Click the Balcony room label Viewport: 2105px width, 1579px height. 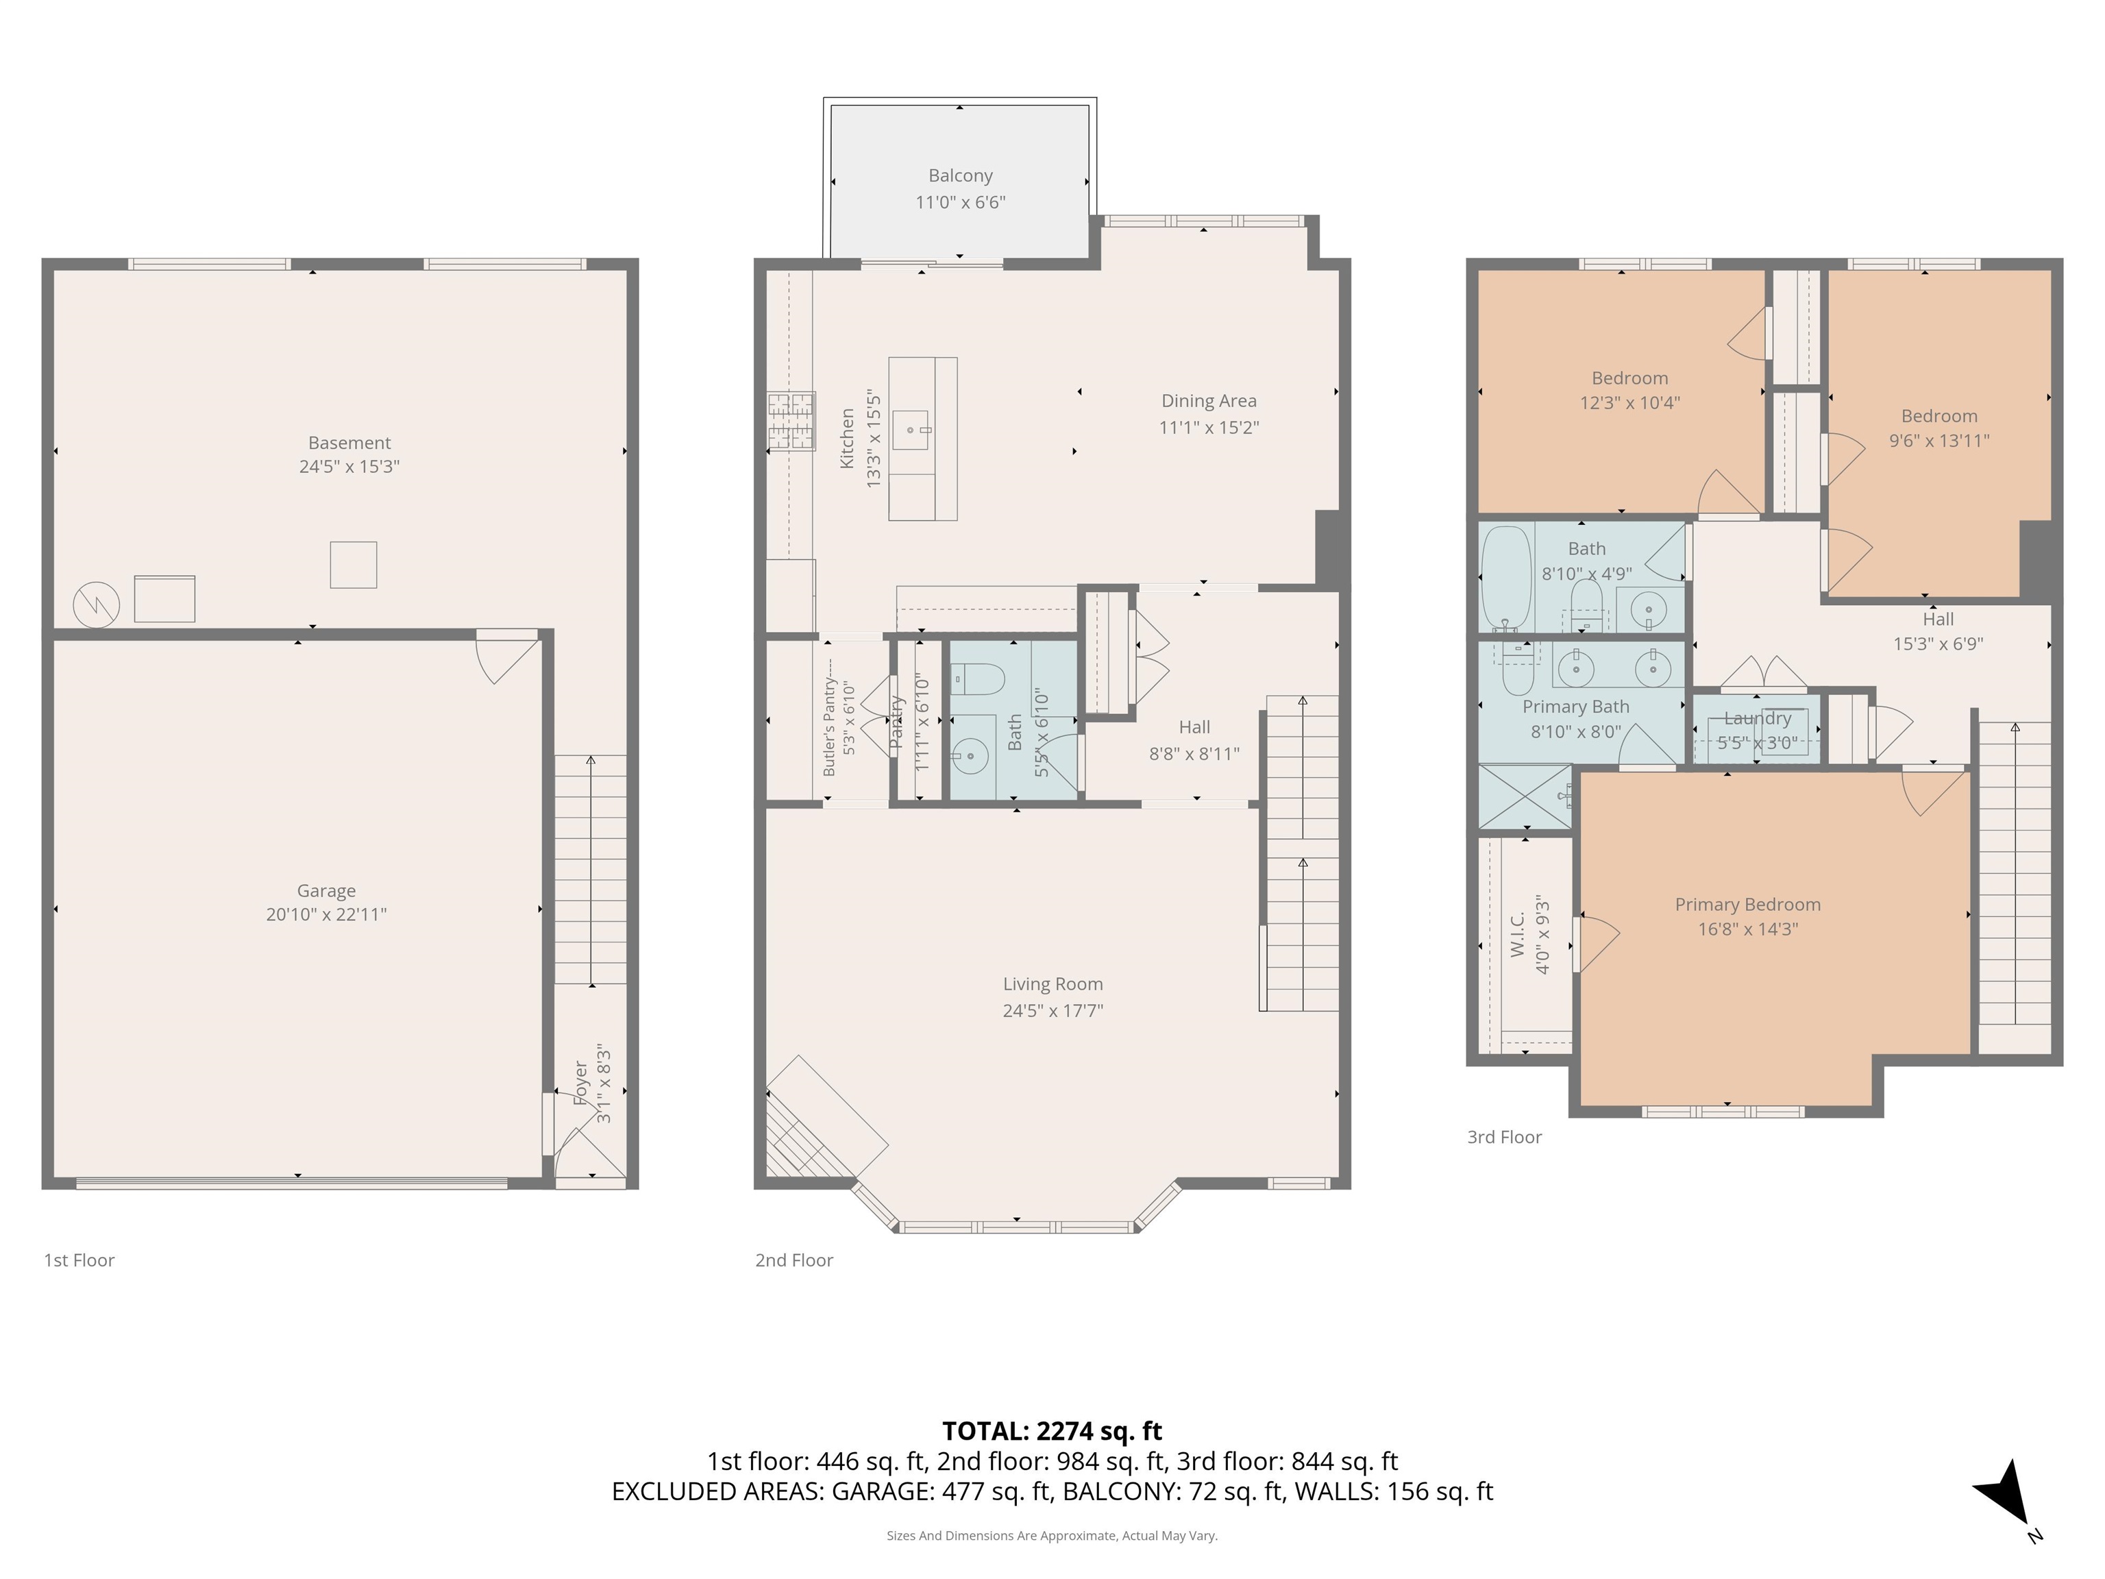[x=960, y=176]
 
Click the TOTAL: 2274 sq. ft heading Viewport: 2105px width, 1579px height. [x=1052, y=1430]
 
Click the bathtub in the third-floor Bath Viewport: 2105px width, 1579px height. [x=1506, y=578]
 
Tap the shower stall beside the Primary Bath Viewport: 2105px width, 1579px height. [x=1525, y=796]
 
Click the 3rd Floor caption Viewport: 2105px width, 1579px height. [x=1503, y=1136]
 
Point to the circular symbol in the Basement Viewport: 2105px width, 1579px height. [x=96, y=604]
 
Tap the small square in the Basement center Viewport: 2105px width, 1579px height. [x=353, y=565]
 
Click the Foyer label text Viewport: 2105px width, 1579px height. [x=580, y=1083]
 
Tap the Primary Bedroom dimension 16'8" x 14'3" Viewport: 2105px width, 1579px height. [x=1747, y=929]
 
